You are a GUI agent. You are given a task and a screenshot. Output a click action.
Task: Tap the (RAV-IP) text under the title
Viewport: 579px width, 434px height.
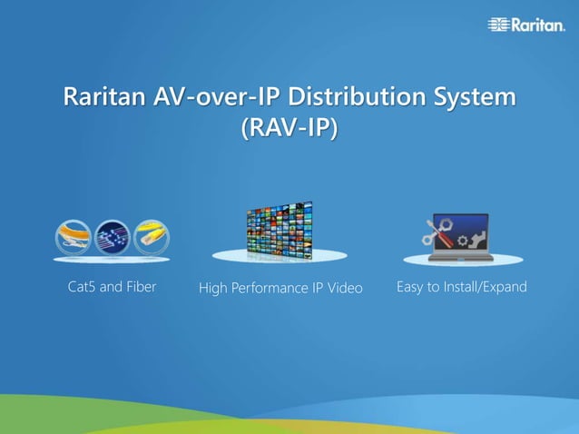(x=289, y=129)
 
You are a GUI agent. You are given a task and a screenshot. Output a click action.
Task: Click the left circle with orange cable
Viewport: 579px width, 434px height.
(x=73, y=238)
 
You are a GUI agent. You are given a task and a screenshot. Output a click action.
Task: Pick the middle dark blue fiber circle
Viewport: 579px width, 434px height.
(x=113, y=238)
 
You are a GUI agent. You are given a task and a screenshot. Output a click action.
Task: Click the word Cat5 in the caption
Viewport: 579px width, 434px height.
(x=84, y=287)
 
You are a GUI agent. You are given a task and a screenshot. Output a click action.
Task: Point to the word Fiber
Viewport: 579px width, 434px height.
(x=140, y=287)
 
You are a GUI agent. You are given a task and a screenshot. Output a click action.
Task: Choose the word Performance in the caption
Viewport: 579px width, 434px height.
(x=271, y=288)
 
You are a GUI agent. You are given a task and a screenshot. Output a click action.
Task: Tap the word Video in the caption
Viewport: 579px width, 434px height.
(x=345, y=288)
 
